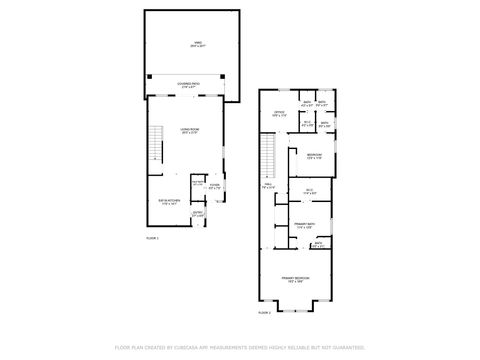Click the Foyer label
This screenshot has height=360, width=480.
(x=214, y=187)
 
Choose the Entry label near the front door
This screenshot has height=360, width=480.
(x=198, y=214)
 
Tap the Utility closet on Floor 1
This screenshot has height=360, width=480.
(x=197, y=183)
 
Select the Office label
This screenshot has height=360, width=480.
(x=280, y=113)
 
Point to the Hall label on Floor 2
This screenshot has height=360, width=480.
(x=268, y=186)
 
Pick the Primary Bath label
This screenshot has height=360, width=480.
(x=305, y=226)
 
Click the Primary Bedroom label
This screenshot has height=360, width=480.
(x=294, y=279)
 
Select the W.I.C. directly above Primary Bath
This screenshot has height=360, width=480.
(x=310, y=192)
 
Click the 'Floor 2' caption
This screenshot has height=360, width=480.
(x=264, y=313)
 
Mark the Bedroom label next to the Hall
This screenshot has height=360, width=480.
(x=314, y=156)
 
